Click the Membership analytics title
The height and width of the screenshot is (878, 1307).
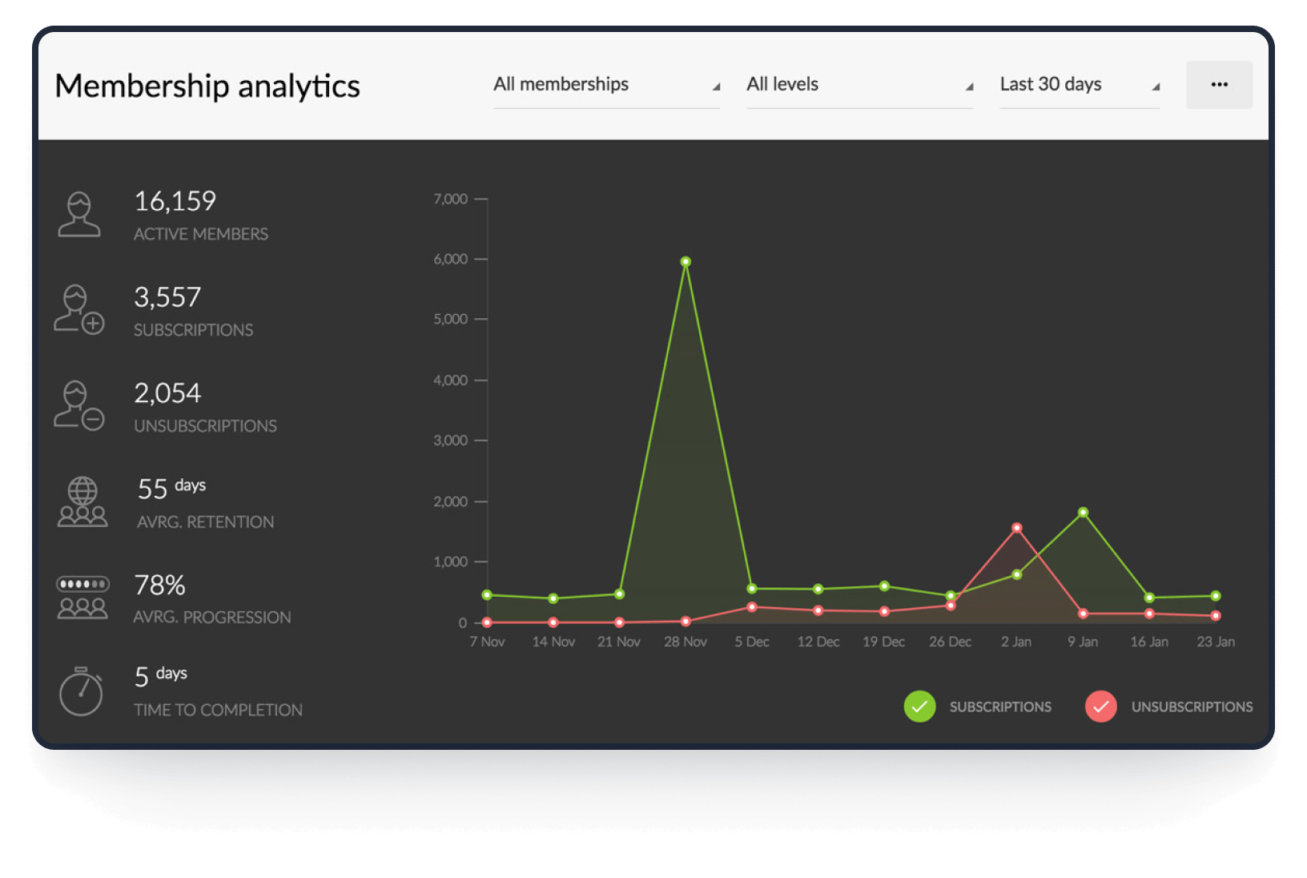pyautogui.click(x=207, y=86)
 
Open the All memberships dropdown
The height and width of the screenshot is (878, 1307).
pyautogui.click(x=606, y=85)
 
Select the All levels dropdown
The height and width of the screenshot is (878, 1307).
pyautogui.click(x=859, y=85)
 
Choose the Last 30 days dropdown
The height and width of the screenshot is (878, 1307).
pyautogui.click(x=1080, y=85)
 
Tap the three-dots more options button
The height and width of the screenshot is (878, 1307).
pyautogui.click(x=1219, y=85)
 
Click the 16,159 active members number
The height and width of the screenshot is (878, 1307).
pyautogui.click(x=175, y=201)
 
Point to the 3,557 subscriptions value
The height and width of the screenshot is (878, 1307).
pyautogui.click(x=167, y=297)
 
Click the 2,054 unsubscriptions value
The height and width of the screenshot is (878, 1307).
pyautogui.click(x=167, y=393)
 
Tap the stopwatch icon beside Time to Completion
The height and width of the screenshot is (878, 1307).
pyautogui.click(x=81, y=691)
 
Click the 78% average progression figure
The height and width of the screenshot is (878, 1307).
pyautogui.click(x=159, y=586)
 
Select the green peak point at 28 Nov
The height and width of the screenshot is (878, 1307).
pyautogui.click(x=686, y=262)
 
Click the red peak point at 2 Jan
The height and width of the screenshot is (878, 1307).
pyautogui.click(x=1016, y=528)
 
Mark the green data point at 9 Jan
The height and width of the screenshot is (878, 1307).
pyautogui.click(x=1083, y=513)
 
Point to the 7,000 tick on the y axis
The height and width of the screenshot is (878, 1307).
pyautogui.click(x=450, y=199)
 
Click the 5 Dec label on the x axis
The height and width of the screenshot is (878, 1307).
pyautogui.click(x=752, y=642)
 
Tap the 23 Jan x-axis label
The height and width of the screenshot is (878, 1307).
pyautogui.click(x=1215, y=642)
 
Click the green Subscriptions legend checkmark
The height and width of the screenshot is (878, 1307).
pyautogui.click(x=919, y=707)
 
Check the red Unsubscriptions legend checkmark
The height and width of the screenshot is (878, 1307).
pyautogui.click(x=1100, y=707)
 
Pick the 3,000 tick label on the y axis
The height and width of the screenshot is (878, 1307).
pyautogui.click(x=450, y=441)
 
